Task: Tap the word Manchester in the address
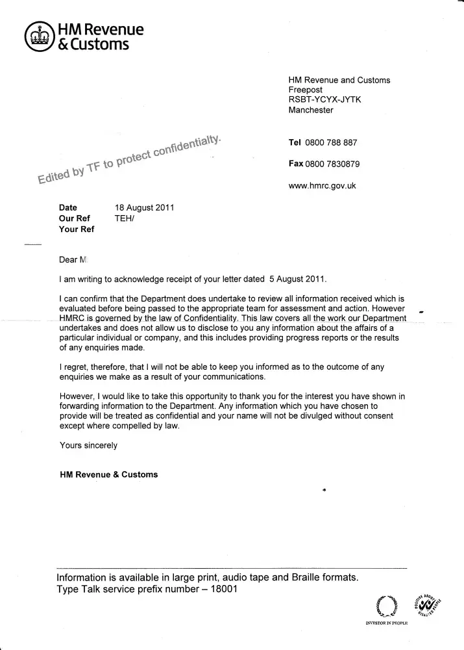311,110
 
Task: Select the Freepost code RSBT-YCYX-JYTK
324,100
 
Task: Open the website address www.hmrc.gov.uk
322,186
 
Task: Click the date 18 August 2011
144,208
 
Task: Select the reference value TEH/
124,218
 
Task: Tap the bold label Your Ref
77,229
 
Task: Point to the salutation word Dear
68,260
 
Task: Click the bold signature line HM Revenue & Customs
108,474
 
